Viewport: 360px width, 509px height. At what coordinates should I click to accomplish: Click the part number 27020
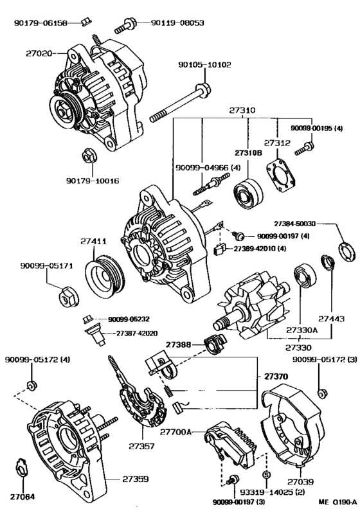(39, 53)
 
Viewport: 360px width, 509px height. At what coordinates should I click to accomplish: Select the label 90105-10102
(204, 65)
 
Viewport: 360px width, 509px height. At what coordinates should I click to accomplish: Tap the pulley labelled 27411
(105, 276)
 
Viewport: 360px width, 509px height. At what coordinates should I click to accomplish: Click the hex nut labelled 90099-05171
(69, 297)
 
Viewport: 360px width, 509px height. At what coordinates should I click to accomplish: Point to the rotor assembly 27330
(251, 308)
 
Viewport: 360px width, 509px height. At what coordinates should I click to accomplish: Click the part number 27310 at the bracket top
(242, 111)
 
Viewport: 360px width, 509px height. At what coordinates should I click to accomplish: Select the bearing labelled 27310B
(248, 193)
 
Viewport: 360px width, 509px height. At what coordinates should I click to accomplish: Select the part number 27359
(136, 479)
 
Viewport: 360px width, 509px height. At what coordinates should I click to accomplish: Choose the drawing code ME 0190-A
(337, 502)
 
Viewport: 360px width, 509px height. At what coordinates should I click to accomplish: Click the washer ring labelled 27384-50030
(346, 252)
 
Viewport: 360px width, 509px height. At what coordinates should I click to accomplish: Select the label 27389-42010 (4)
(260, 249)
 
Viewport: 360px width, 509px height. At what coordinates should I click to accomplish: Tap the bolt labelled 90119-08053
(125, 26)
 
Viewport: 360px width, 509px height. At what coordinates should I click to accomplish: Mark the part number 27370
(276, 377)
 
